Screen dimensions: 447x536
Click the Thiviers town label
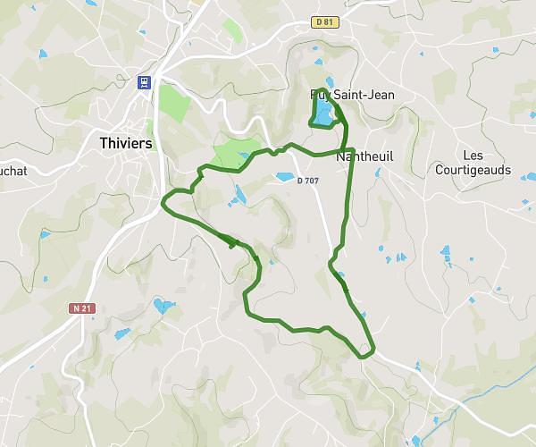coord(124,143)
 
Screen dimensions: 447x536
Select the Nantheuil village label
coord(364,156)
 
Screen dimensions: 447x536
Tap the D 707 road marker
coord(307,181)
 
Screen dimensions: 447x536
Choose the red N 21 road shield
coord(81,308)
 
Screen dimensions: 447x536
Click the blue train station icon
coord(142,81)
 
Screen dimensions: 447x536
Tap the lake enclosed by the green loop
coord(322,112)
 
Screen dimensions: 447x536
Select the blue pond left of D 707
coord(285,177)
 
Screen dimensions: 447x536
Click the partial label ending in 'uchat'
coord(13,169)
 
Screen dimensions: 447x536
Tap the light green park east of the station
coord(175,105)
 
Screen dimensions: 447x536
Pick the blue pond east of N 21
coord(163,307)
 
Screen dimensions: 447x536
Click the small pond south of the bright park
coord(239,194)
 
